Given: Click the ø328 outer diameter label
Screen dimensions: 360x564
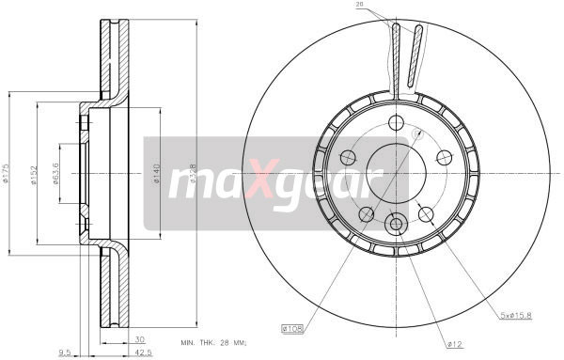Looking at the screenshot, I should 191,175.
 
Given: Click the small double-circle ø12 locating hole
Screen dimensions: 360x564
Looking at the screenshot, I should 396,224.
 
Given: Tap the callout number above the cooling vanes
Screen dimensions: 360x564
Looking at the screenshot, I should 358,6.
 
